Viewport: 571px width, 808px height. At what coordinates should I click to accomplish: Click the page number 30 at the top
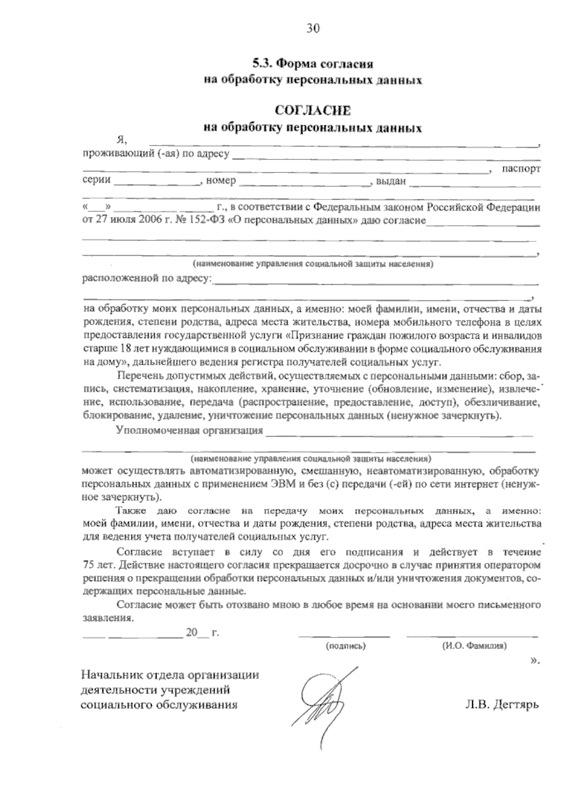[x=313, y=29]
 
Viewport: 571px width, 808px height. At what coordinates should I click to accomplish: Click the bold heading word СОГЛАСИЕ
[x=314, y=110]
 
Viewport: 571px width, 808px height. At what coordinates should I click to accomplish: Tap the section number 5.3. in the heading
[x=263, y=63]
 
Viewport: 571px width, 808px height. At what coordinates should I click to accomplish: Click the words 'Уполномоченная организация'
[x=189, y=431]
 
